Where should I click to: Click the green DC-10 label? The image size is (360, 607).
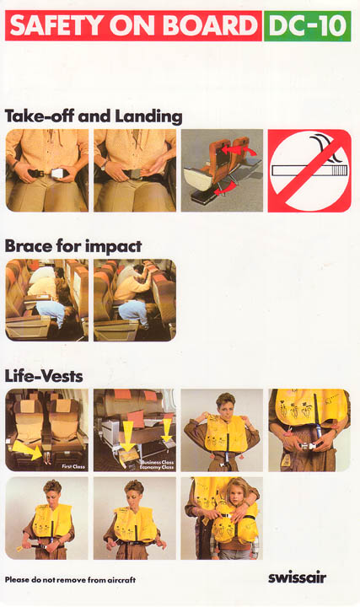click(308, 26)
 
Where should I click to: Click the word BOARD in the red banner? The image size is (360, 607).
click(210, 26)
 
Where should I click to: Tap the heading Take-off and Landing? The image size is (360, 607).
click(94, 116)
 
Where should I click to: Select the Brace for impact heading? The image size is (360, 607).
click(73, 246)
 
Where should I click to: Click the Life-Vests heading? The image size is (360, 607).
click(44, 376)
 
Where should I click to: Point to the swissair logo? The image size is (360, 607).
click(298, 578)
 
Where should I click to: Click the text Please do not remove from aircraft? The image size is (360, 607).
click(71, 579)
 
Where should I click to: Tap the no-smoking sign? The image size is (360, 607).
click(309, 170)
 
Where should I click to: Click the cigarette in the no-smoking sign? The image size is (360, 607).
click(309, 170)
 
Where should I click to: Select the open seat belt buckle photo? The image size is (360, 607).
click(47, 170)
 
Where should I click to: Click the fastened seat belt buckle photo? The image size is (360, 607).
click(135, 170)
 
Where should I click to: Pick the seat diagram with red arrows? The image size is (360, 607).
click(222, 170)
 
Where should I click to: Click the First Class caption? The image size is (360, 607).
click(73, 466)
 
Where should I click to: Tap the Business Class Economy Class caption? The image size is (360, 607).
click(157, 465)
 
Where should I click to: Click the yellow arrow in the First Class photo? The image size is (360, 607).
click(28, 450)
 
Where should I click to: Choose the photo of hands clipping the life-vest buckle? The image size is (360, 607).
click(309, 430)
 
